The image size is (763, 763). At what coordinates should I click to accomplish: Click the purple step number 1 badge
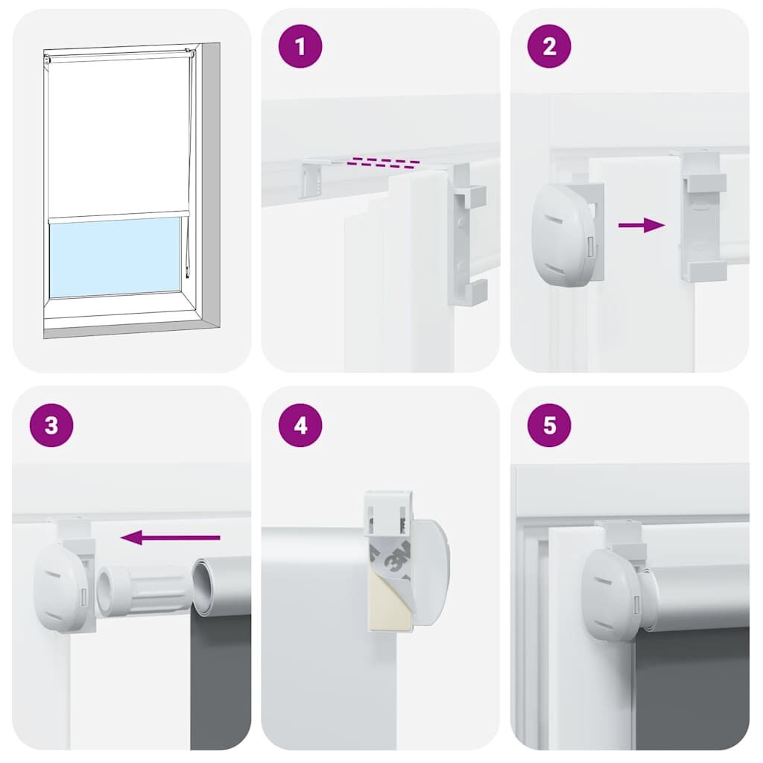coord(300,47)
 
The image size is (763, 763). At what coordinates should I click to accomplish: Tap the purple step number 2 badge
coord(549,47)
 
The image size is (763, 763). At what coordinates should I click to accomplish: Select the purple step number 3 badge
coord(51,425)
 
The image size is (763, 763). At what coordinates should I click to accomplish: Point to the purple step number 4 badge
coord(300,425)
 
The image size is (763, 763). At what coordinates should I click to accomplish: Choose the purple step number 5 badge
coord(549,425)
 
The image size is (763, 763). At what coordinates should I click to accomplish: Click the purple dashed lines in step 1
coord(384,162)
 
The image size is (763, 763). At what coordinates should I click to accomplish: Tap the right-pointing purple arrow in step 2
coord(642,225)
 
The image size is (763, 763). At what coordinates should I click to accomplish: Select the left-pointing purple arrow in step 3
coord(171,537)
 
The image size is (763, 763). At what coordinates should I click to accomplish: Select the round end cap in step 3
coord(63,588)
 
